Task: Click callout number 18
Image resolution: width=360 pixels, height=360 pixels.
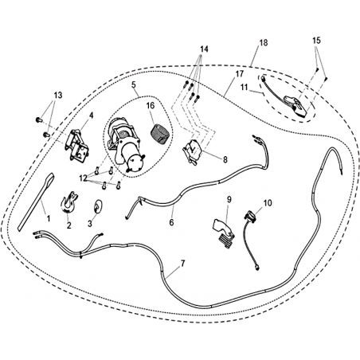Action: [x=264, y=43]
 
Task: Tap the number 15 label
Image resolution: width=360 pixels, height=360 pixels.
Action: [x=316, y=41]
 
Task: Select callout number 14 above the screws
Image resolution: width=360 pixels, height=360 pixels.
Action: [x=204, y=49]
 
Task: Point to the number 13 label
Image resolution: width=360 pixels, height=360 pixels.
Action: [x=58, y=95]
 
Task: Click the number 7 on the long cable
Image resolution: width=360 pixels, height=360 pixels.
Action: [x=182, y=264]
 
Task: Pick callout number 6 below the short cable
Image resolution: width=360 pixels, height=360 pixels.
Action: [x=171, y=222]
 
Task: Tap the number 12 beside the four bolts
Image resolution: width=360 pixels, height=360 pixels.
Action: [x=83, y=178]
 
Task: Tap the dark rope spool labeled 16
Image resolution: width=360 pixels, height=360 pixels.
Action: [x=159, y=135]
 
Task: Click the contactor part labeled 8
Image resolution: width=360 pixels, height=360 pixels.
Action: [x=193, y=152]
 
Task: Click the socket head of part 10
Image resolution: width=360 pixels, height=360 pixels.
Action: [x=250, y=215]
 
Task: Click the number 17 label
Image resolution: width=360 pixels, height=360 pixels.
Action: [x=239, y=74]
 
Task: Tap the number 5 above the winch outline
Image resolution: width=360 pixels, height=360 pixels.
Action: [x=134, y=84]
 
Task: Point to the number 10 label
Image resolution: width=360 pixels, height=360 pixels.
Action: [x=268, y=203]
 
